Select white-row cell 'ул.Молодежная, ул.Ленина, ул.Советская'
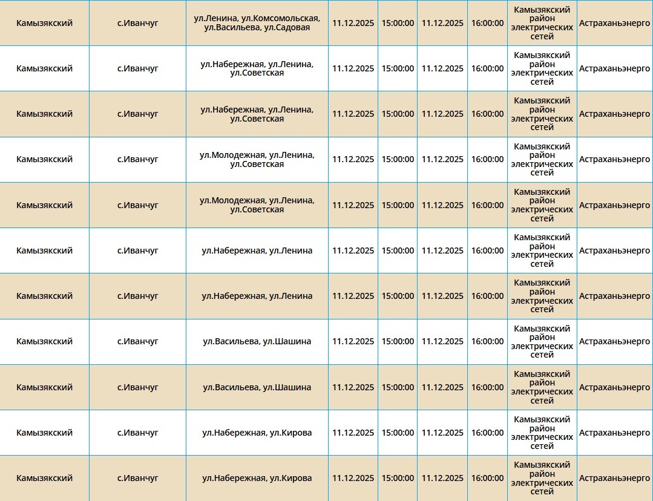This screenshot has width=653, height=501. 257,160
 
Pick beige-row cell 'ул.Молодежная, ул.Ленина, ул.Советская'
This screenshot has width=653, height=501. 257,205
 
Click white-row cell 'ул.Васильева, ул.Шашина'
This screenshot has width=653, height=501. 257,341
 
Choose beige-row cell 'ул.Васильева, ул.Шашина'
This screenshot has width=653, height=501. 257,387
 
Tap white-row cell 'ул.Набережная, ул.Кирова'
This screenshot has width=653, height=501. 257,433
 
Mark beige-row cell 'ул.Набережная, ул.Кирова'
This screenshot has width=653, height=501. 257,478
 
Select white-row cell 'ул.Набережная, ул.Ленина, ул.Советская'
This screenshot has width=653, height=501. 257,68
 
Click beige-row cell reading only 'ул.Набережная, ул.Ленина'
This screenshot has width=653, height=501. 257,296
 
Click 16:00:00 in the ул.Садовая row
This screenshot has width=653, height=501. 487,23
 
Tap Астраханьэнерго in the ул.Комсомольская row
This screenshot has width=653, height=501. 614,23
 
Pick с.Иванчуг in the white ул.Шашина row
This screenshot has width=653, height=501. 137,341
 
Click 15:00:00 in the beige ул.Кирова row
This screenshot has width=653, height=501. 398,478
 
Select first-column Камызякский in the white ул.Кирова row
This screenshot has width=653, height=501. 44,433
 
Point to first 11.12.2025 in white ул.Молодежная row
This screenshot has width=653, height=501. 353,159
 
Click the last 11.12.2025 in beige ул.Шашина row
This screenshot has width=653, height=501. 442,387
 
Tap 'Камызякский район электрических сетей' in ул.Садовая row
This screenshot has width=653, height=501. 542,23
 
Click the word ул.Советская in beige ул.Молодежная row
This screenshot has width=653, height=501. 257,210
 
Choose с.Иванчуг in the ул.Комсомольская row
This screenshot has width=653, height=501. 137,23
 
